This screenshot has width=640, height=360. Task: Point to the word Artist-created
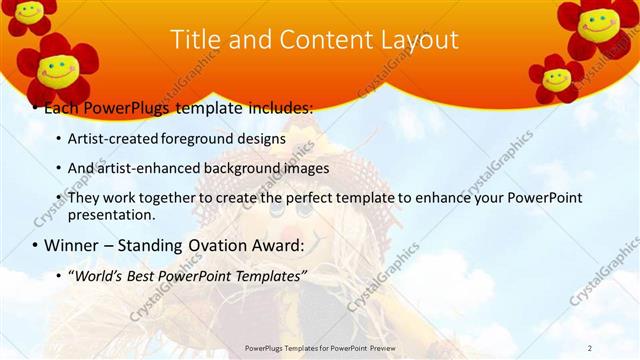pos(109,139)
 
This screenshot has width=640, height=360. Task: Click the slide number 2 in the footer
pos(590,347)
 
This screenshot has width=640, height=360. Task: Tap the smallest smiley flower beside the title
pos(556,78)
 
